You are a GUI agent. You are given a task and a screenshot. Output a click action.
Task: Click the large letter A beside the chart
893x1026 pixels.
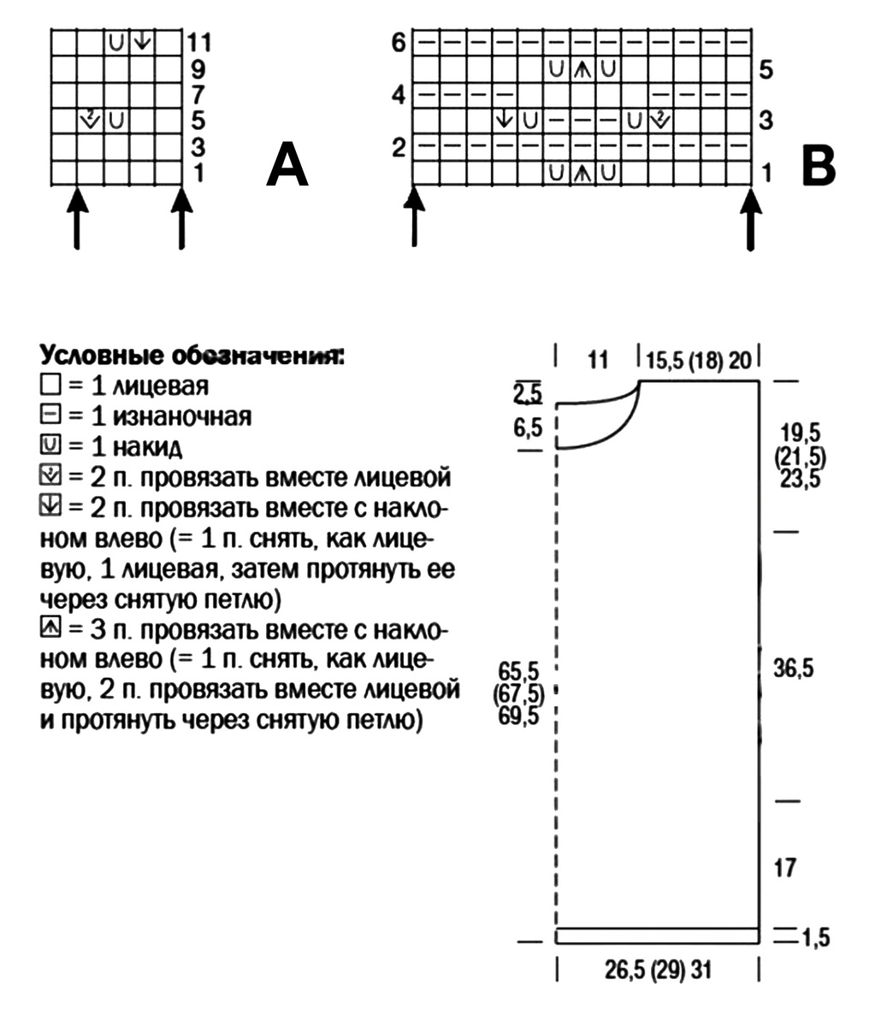point(287,165)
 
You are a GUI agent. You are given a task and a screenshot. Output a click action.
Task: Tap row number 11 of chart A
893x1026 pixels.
point(200,42)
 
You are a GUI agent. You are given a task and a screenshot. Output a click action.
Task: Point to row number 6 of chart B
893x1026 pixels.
point(399,41)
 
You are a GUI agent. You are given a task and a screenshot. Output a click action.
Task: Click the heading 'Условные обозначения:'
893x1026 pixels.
point(192,355)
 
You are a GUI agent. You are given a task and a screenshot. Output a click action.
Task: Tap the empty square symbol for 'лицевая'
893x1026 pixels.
point(48,386)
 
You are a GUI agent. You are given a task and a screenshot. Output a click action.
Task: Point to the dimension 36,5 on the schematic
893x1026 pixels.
point(793,669)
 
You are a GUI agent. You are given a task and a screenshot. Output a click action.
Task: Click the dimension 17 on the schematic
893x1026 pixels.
point(784,868)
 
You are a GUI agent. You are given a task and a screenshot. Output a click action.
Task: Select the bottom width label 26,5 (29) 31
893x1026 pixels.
point(659,971)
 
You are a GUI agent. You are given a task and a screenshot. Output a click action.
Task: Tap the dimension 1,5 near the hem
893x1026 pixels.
point(816,937)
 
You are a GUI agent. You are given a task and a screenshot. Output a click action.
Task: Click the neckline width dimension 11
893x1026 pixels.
point(598,359)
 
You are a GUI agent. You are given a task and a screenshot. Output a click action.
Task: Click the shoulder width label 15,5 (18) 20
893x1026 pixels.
point(699,359)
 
